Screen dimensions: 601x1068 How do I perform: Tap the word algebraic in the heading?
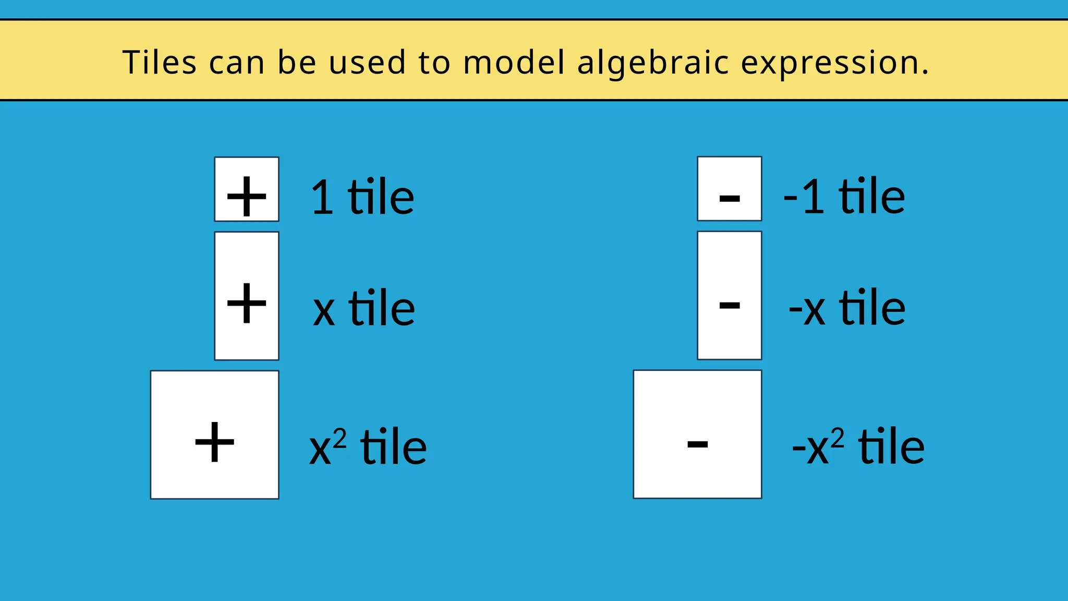pos(653,63)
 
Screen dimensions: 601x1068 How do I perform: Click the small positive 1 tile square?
pos(247,189)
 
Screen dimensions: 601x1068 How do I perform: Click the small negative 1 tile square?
pos(729,188)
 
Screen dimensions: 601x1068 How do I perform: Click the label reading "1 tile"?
pos(362,197)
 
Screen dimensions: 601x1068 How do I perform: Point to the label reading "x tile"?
pos(363,308)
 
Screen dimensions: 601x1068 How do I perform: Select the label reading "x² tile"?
pos(368,447)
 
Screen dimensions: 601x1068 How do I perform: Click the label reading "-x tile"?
pos(847,308)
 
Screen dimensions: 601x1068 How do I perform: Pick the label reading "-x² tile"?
pos(858,447)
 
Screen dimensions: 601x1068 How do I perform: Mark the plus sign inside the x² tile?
pos(214,442)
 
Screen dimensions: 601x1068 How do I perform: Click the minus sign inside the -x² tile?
pos(697,444)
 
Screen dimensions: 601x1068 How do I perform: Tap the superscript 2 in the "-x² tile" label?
pos(837,437)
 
